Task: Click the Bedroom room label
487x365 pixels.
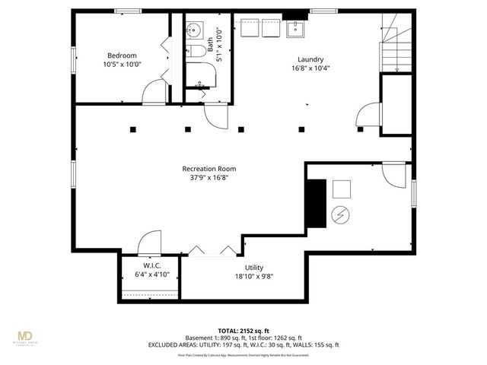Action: pos(122,56)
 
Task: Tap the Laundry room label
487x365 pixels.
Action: pos(310,59)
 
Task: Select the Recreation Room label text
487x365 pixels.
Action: pos(208,168)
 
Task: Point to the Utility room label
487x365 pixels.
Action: pos(254,268)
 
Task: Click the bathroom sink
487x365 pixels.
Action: pos(194,31)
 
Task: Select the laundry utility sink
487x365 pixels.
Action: pos(294,30)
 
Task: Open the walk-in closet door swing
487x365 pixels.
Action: pos(148,244)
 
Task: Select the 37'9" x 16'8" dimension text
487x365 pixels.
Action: pos(208,178)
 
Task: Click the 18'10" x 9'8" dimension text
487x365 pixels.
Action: pos(254,277)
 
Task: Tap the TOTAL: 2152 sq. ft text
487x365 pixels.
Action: pos(243,329)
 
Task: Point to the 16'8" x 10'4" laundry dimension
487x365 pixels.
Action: pos(310,68)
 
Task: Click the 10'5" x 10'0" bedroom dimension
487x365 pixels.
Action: pos(122,65)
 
